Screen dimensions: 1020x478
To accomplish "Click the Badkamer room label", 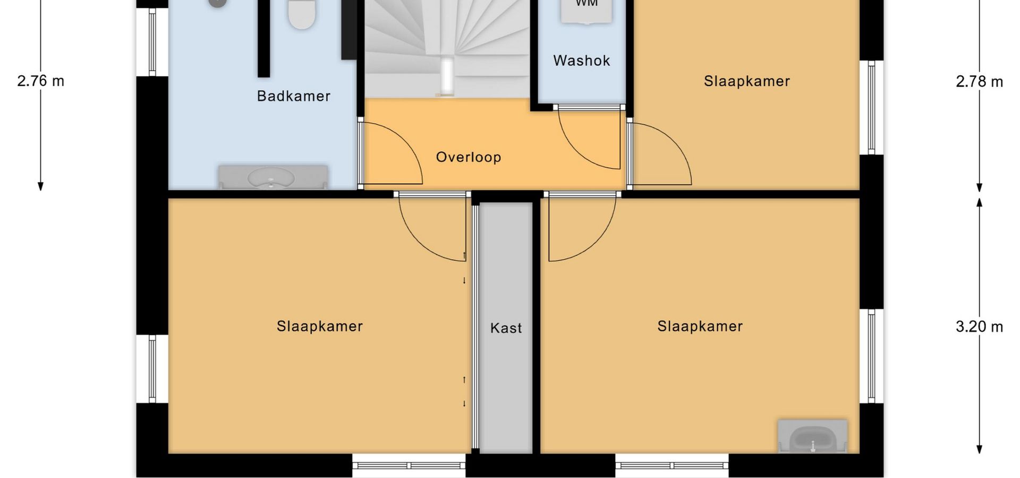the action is [294, 96].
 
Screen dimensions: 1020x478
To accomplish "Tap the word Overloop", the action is [469, 157].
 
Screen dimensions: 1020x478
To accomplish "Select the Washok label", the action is [582, 61].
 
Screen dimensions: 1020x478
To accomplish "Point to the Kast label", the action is [506, 328].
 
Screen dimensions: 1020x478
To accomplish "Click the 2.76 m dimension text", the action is [41, 81].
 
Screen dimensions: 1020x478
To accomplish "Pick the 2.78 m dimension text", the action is [980, 81].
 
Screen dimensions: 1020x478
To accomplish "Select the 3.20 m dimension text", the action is [980, 326].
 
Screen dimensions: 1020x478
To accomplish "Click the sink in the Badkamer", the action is [273, 177].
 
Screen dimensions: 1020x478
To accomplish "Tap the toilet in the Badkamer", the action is [302, 14].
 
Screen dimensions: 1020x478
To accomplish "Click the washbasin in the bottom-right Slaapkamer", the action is [812, 437].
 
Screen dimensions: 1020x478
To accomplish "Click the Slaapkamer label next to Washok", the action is [747, 81].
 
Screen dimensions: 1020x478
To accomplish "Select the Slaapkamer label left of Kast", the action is [320, 326].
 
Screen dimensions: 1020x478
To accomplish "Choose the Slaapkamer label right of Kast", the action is [700, 326].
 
